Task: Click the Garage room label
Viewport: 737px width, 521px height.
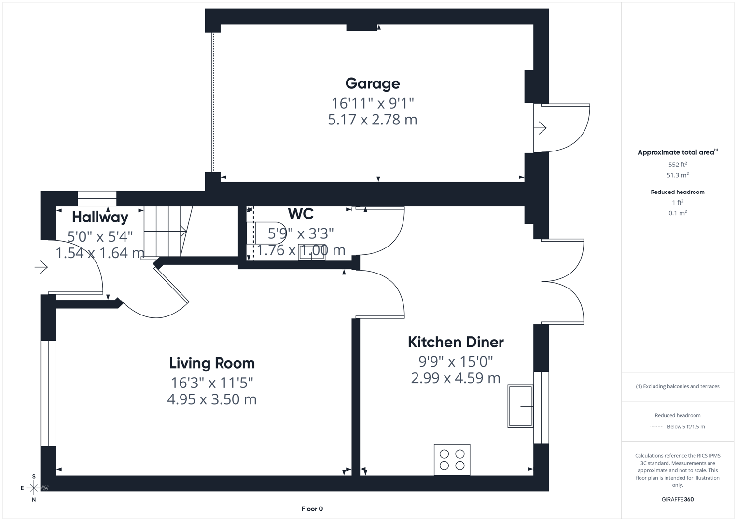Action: (x=372, y=83)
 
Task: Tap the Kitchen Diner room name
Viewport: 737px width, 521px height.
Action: (x=455, y=342)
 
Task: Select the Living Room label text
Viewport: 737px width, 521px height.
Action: (x=211, y=363)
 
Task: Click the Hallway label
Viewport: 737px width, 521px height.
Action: (x=100, y=217)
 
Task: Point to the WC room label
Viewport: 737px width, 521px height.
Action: (x=300, y=214)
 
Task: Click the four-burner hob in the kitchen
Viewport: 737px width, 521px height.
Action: (x=452, y=460)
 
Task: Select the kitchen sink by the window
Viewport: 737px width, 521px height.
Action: (x=520, y=406)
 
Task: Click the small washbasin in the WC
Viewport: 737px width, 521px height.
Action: (x=311, y=252)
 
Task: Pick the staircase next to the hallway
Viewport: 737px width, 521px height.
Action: (x=167, y=232)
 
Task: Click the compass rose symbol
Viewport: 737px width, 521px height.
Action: (x=34, y=488)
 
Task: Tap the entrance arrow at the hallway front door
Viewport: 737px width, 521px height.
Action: (x=42, y=267)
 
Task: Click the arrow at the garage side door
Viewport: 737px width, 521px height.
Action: (x=540, y=128)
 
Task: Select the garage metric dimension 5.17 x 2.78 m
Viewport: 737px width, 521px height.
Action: (x=372, y=120)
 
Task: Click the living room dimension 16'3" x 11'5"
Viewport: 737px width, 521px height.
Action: (x=211, y=383)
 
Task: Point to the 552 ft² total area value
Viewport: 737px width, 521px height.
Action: (x=677, y=165)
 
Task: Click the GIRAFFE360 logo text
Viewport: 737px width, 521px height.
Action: (x=677, y=499)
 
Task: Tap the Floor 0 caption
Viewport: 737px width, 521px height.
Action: (x=312, y=509)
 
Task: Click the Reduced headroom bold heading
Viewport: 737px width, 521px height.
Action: (x=677, y=192)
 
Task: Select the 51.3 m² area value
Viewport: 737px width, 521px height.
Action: (x=677, y=175)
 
